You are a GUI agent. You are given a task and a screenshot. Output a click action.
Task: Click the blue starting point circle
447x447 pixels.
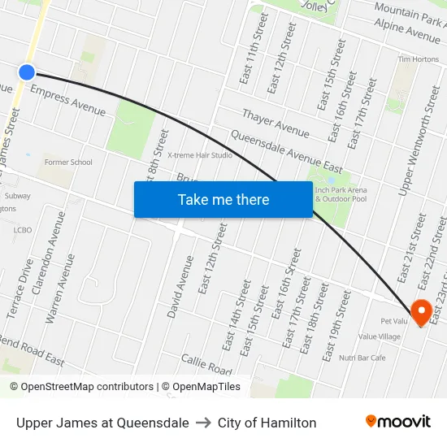[27, 72]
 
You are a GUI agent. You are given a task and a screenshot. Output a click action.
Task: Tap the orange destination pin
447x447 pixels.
[422, 312]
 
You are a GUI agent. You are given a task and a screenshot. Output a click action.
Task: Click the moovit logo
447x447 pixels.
[398, 422]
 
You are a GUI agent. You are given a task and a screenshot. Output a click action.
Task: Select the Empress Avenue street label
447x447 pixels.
[67, 102]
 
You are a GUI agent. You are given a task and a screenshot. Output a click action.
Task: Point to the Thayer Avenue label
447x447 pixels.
[276, 122]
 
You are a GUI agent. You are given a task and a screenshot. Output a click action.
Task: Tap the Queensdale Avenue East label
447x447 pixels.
[280, 149]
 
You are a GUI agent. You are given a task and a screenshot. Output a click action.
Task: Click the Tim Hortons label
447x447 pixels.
[418, 59]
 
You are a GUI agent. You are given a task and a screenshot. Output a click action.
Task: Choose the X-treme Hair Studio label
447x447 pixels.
[200, 155]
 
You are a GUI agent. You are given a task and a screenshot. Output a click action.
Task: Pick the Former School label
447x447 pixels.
[68, 163]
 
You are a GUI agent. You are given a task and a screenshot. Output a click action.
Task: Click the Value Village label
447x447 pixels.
[380, 336]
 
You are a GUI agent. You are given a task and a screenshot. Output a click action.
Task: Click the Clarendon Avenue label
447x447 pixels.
[58, 243]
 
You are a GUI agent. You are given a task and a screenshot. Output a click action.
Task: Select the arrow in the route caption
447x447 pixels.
[203, 423]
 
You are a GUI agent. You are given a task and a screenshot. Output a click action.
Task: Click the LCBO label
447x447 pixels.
[22, 230]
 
